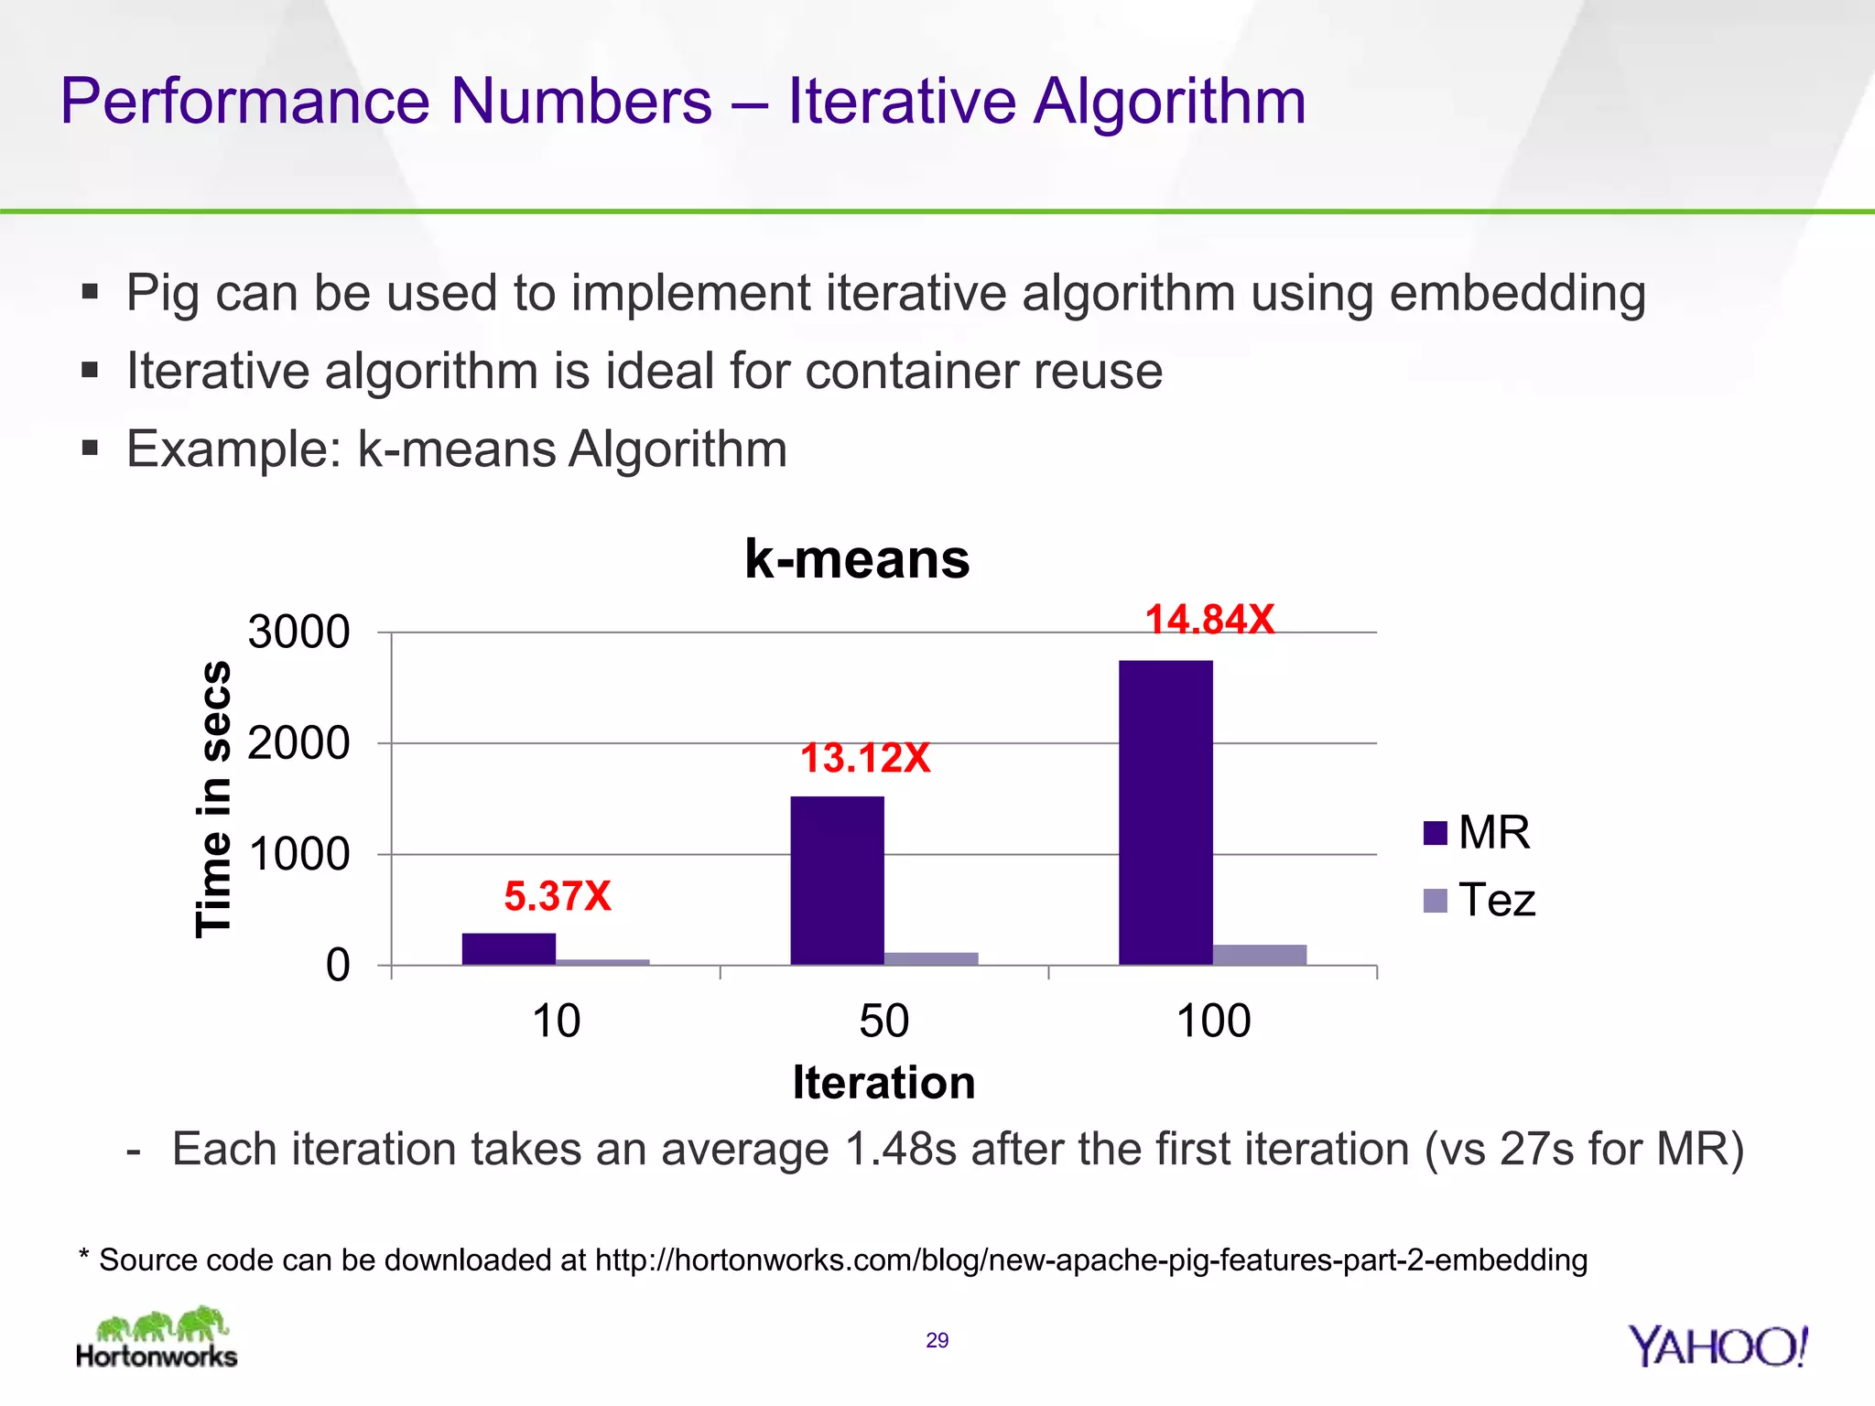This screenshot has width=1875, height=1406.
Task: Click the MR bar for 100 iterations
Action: tap(1165, 813)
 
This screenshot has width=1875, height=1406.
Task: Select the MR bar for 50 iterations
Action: tap(837, 881)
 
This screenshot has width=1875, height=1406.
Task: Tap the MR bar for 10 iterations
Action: tap(508, 949)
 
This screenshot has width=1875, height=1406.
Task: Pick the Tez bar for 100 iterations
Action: tap(1260, 955)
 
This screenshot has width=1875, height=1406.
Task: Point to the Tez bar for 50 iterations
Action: tap(931, 958)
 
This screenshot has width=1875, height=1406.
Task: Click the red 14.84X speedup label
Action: tap(1209, 620)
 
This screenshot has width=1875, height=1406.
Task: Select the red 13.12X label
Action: tap(865, 758)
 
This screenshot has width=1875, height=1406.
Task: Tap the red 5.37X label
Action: tap(558, 896)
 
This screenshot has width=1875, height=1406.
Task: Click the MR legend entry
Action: tap(1476, 833)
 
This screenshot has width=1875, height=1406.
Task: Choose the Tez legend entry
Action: tap(1479, 900)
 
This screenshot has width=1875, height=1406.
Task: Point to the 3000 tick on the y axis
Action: tap(298, 633)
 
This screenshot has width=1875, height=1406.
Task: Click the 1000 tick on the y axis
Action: tap(298, 855)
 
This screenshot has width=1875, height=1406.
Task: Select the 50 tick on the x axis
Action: tap(883, 1021)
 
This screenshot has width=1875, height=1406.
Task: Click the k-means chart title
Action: tap(857, 558)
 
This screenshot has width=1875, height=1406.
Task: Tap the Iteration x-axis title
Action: tap(883, 1082)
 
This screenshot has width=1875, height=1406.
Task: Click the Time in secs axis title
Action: tap(213, 799)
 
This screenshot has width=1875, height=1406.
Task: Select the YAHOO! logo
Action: tap(1718, 1347)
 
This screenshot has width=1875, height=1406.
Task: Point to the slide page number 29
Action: tap(937, 1341)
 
